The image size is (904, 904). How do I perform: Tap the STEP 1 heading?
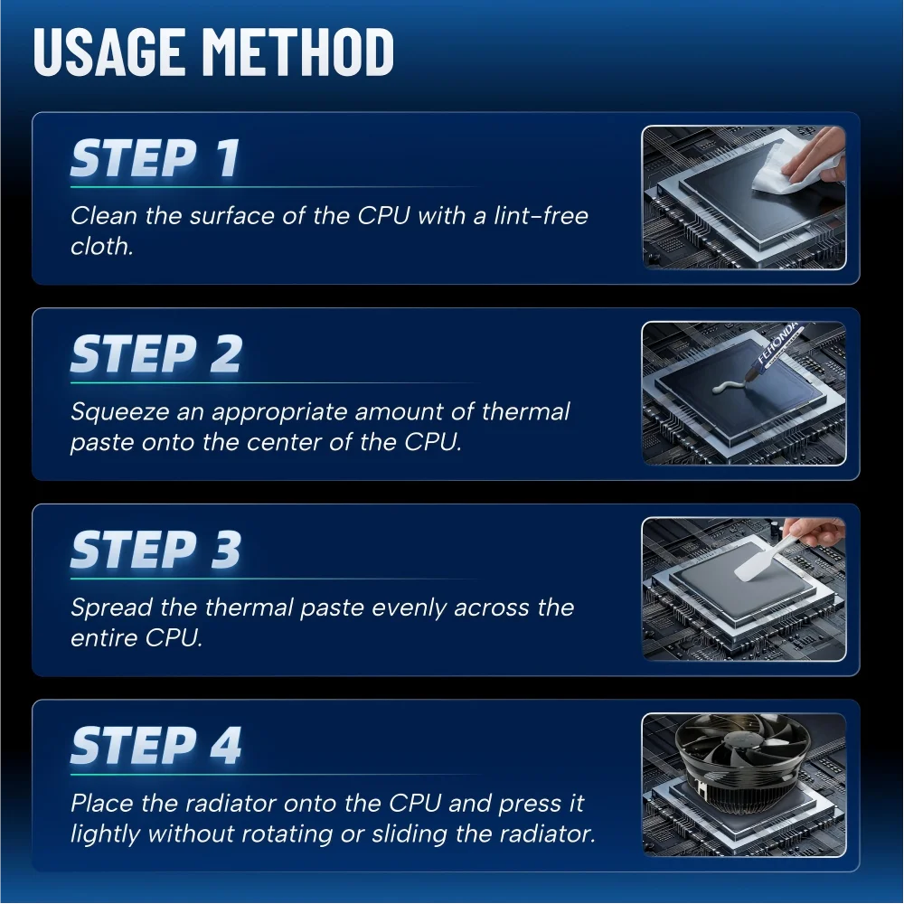155,157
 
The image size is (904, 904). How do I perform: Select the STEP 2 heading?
155,353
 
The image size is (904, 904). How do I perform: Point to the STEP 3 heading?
155,550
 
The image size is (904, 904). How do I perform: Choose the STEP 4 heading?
155,746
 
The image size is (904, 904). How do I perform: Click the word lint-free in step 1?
541,216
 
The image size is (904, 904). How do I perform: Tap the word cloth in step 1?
101,246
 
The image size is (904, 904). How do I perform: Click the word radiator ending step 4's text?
547,833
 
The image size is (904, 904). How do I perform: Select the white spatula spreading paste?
761,556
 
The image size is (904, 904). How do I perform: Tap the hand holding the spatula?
815,532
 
